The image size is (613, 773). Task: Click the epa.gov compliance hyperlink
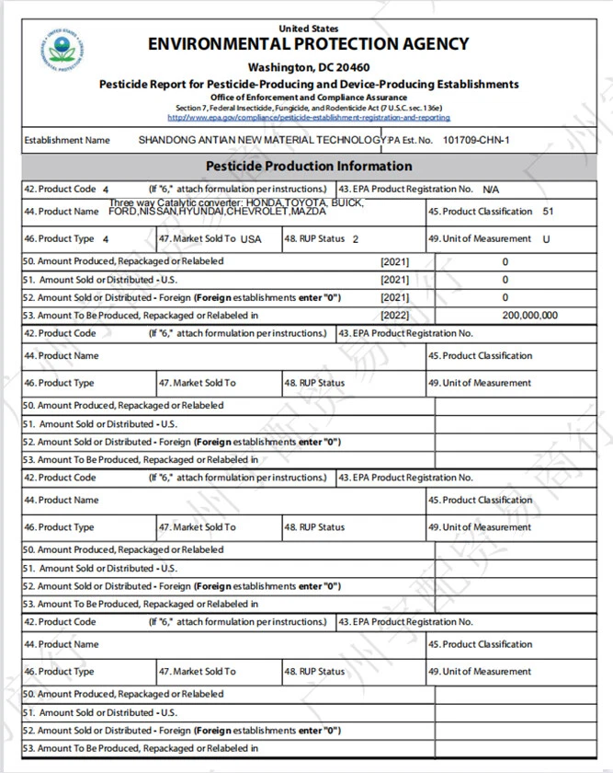point(308,118)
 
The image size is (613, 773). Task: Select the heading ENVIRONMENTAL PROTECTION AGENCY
point(308,44)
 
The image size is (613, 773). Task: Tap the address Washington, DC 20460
point(308,67)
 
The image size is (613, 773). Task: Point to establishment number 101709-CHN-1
point(475,140)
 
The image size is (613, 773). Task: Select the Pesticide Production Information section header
point(308,167)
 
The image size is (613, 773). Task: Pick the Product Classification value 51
point(548,212)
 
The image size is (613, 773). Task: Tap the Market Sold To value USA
point(251,239)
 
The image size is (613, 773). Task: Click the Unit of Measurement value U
point(547,239)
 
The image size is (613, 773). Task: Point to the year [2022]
point(394,315)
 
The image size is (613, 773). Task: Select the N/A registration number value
point(491,190)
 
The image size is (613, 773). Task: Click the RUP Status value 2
point(355,239)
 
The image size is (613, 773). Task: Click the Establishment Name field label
point(67,140)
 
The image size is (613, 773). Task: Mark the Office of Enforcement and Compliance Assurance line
point(308,97)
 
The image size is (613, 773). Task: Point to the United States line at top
point(308,29)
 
